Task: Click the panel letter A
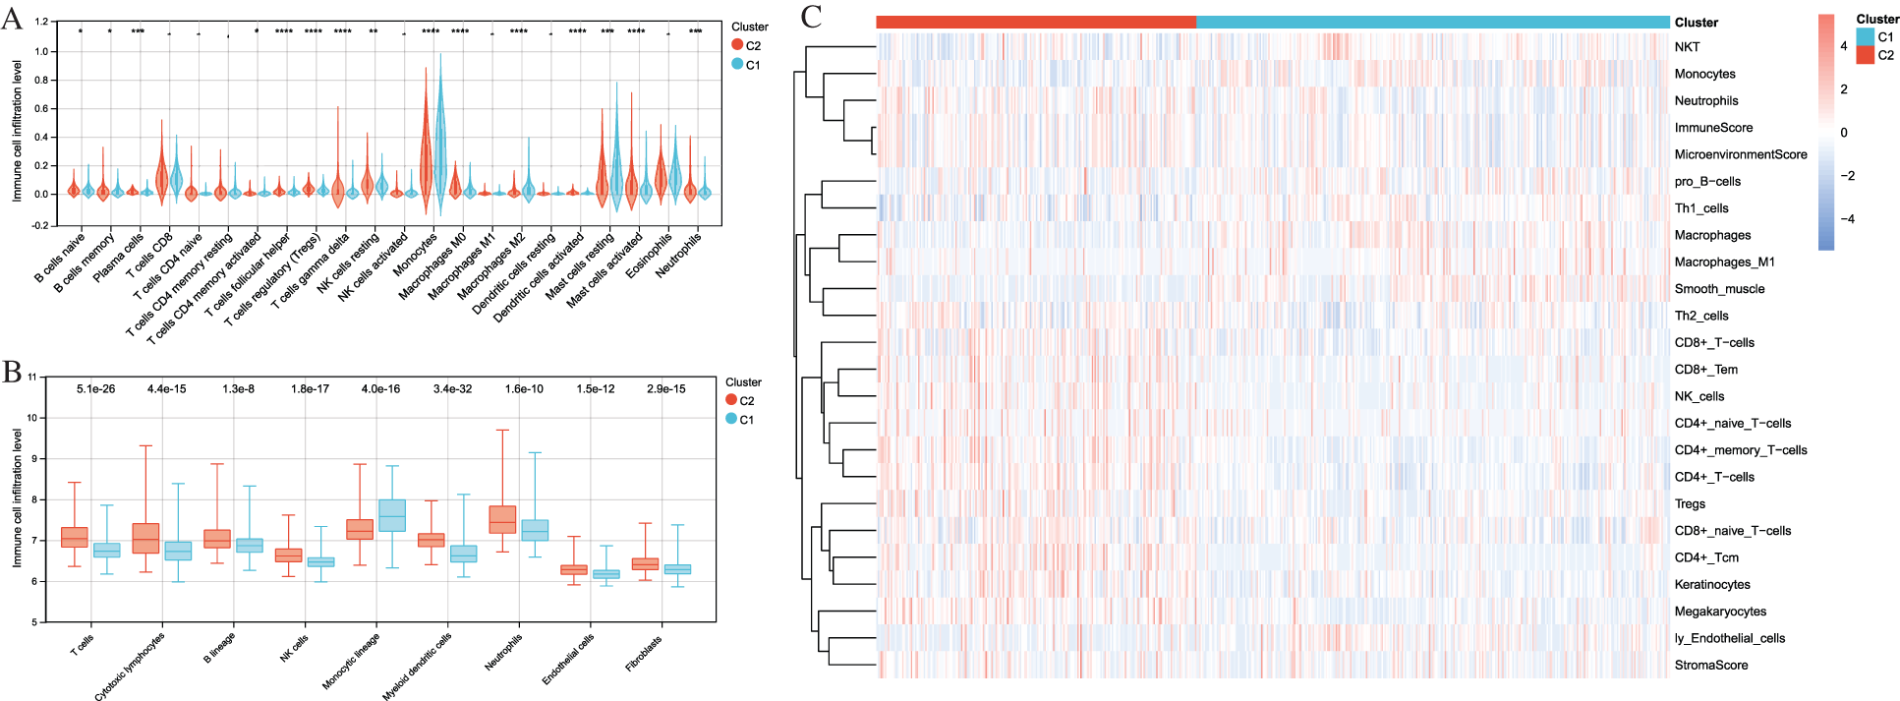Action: pyautogui.click(x=13, y=19)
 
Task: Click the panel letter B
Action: pyautogui.click(x=12, y=373)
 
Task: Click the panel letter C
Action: pyautogui.click(x=812, y=17)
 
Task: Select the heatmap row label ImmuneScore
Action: pyautogui.click(x=1713, y=128)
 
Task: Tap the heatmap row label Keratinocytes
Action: pyautogui.click(x=1712, y=584)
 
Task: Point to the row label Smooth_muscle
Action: pyautogui.click(x=1719, y=289)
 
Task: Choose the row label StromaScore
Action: pyautogui.click(x=1710, y=665)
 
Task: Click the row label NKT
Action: pyautogui.click(x=1687, y=47)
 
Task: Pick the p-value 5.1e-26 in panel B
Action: pyautogui.click(x=95, y=389)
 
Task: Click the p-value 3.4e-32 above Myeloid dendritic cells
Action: pyautogui.click(x=452, y=389)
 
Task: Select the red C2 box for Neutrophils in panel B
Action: pyautogui.click(x=502, y=520)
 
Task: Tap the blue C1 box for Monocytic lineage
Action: pyautogui.click(x=392, y=515)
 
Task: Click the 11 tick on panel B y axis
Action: pyautogui.click(x=32, y=377)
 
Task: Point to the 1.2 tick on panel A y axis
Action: pyautogui.click(x=41, y=22)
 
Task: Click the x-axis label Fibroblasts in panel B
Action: pyautogui.click(x=644, y=654)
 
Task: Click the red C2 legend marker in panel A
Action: pyautogui.click(x=737, y=45)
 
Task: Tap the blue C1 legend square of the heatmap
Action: pyautogui.click(x=1865, y=37)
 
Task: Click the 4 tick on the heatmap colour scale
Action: pyautogui.click(x=1844, y=45)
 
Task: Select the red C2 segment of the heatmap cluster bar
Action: pyautogui.click(x=1036, y=22)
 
